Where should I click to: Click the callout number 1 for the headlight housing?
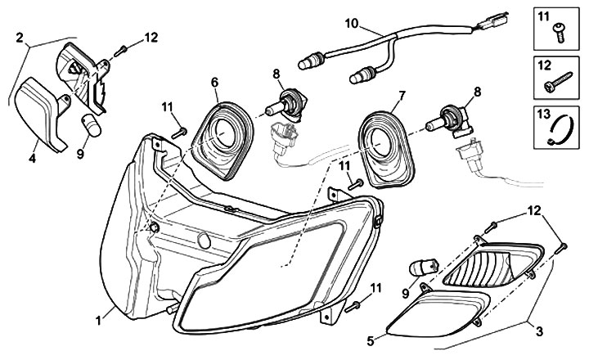pos(98,321)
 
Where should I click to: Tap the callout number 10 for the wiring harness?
pos(352,23)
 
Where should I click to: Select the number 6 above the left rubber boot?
pos(214,83)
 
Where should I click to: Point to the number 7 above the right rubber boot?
pos(402,96)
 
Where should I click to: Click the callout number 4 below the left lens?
pos(32,158)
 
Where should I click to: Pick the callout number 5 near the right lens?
pos(371,341)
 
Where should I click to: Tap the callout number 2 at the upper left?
pos(20,38)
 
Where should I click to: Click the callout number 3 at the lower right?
pos(539,331)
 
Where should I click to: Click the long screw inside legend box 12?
pos(558,82)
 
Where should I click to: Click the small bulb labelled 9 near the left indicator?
pos(92,125)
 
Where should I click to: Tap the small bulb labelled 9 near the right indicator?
pos(424,267)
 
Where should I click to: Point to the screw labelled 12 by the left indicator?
pos(119,51)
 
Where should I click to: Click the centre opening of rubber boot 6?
pos(224,134)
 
